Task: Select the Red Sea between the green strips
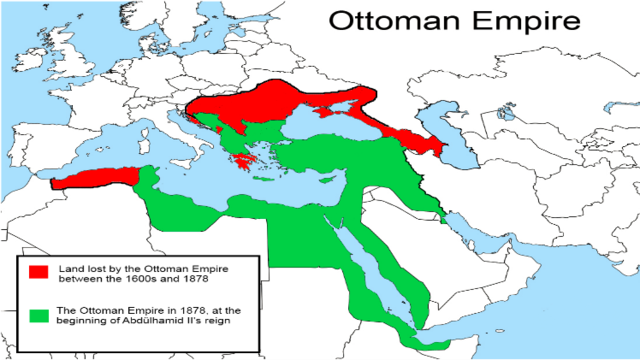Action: [360, 270]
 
